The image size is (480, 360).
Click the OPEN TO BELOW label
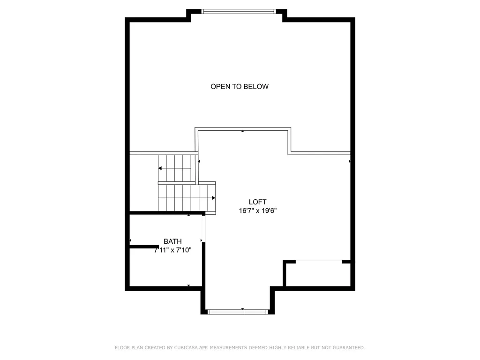240,87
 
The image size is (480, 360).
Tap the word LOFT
257,202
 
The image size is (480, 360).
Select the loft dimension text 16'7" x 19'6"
258,210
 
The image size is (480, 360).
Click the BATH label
172,241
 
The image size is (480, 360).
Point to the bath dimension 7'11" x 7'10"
172,250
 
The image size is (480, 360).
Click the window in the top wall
239,12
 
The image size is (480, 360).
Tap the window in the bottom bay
238,312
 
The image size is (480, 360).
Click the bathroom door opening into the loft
203,229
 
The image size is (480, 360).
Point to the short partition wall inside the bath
144,247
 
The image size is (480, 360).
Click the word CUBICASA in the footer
186,347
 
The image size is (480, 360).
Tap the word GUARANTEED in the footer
349,347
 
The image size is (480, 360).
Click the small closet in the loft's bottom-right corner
319,273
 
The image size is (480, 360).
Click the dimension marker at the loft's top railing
242,131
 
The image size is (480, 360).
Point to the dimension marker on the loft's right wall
350,161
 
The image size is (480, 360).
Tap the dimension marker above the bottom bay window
242,309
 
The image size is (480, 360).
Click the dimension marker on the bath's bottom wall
188,285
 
